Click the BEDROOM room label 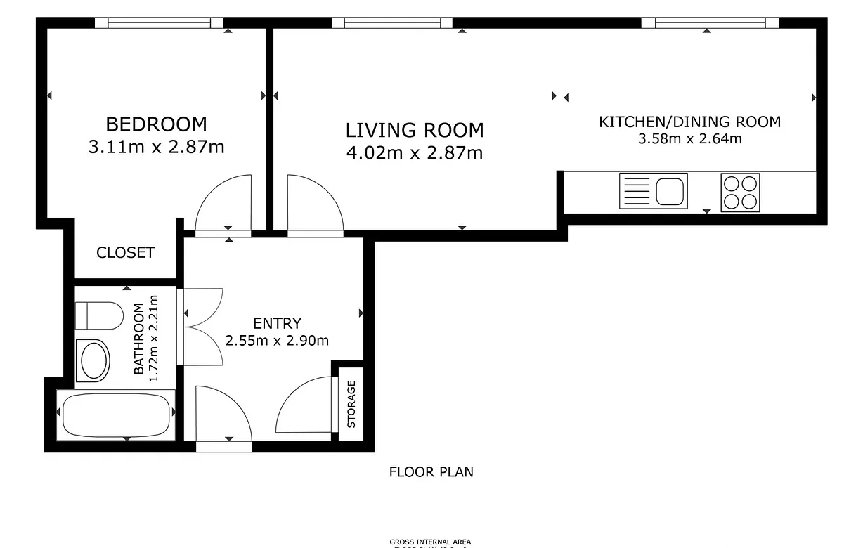point(156,124)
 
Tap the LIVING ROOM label point(415,130)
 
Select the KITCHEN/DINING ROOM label point(689,122)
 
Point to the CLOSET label point(125,253)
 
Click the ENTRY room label point(277,323)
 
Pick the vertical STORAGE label point(351,404)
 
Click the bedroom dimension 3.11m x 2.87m point(156,147)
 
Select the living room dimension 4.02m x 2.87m point(415,152)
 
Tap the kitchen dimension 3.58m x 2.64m point(689,138)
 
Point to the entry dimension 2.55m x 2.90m point(277,341)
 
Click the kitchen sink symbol point(653,191)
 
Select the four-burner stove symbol point(740,192)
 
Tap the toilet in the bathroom point(98,315)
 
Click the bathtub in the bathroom point(115,416)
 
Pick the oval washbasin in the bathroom point(93,361)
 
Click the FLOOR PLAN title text point(431,472)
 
